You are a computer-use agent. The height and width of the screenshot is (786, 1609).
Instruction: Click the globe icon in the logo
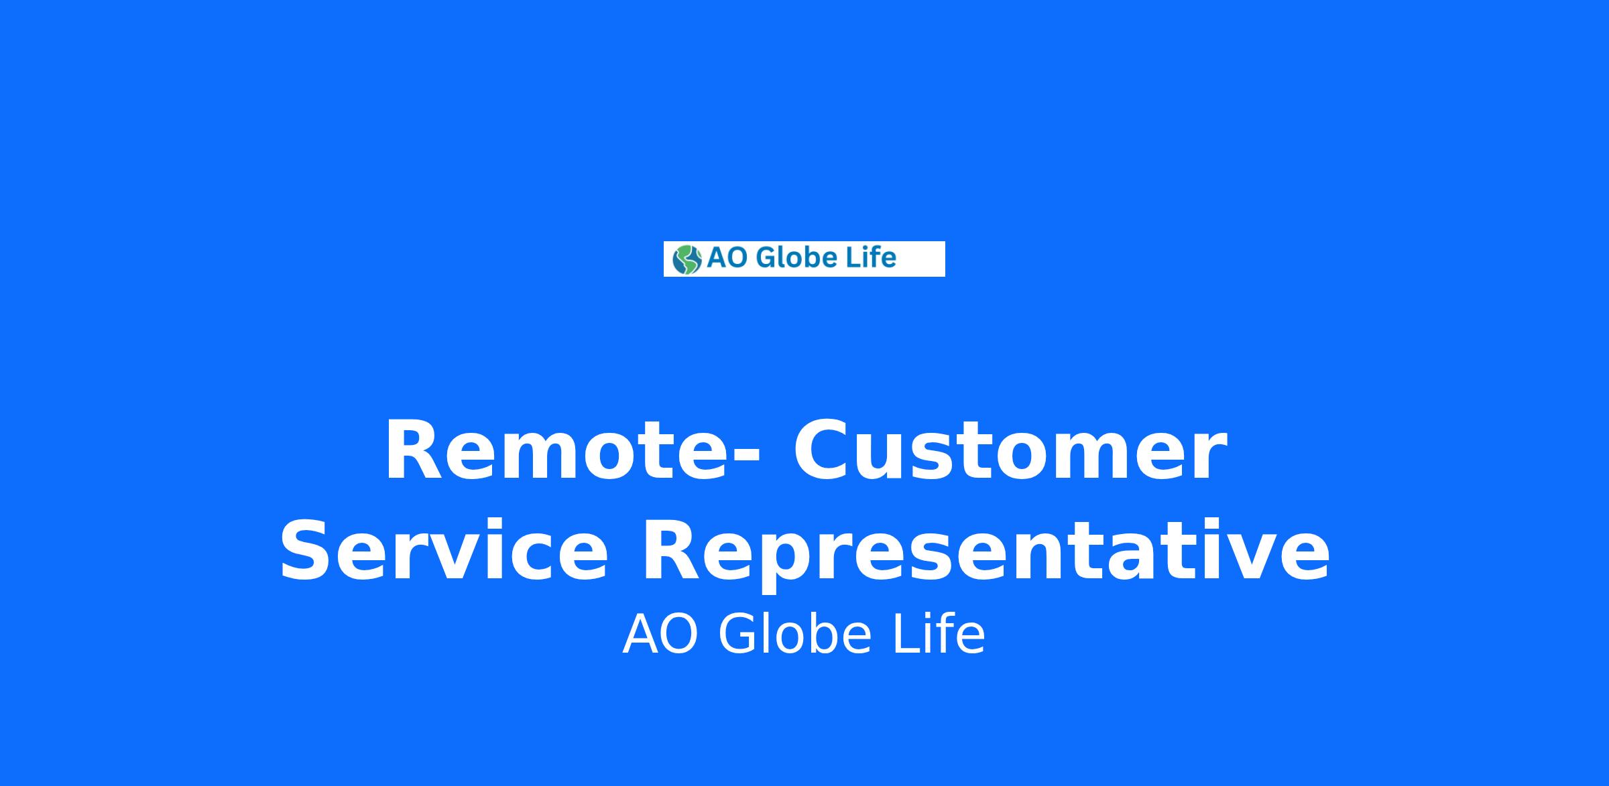687,259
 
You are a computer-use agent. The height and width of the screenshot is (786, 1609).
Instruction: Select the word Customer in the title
1010,450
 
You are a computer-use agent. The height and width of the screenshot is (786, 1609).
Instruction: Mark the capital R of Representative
671,549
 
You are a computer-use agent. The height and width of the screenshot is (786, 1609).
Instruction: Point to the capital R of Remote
414,450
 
